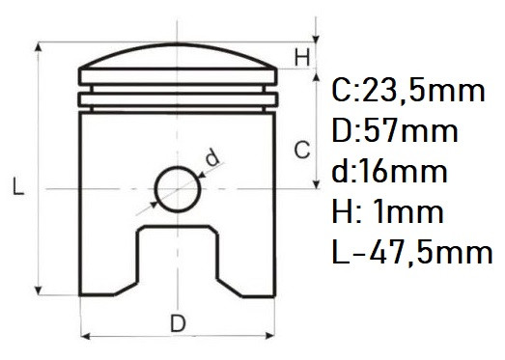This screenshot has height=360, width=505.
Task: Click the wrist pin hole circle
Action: point(155,189)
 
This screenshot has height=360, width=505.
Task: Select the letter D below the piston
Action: point(178,323)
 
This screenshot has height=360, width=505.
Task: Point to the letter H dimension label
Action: point(302,57)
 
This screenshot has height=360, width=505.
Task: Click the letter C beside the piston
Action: point(302,150)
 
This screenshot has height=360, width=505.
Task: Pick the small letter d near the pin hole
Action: point(212,157)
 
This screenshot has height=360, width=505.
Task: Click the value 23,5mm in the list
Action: point(423,91)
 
